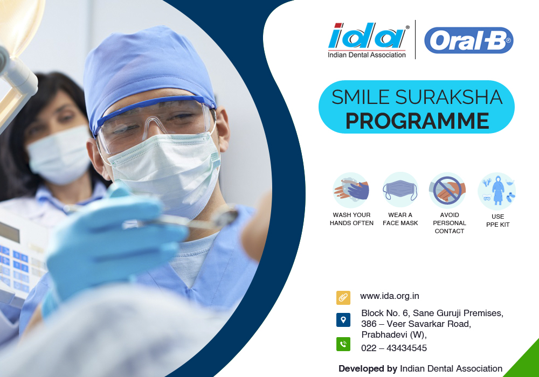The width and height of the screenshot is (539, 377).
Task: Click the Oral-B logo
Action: [x=469, y=40]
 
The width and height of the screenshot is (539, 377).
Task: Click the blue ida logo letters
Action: [x=367, y=36]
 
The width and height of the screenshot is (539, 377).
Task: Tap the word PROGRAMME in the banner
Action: [x=417, y=121]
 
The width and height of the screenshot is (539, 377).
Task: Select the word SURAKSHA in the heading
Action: [x=448, y=97]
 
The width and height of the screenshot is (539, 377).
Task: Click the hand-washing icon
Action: [x=351, y=190]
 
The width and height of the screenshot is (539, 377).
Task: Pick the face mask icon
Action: [x=400, y=190]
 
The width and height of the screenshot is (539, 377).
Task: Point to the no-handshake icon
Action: [x=447, y=190]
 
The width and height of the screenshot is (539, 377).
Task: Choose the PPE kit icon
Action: [x=497, y=191]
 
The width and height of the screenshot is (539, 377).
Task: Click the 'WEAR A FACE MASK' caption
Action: [x=400, y=219]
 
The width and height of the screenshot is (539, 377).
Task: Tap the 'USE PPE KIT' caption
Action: [x=497, y=220]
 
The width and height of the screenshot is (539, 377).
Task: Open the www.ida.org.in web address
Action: [x=390, y=296]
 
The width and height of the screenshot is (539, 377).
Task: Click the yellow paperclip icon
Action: [x=343, y=298]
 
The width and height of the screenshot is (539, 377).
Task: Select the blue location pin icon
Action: [x=343, y=320]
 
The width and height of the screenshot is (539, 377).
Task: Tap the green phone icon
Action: [x=343, y=344]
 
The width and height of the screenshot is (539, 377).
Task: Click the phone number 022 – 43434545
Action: [x=394, y=348]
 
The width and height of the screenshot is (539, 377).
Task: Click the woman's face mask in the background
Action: [x=60, y=155]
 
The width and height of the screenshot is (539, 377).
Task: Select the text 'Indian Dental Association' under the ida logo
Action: [x=367, y=55]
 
